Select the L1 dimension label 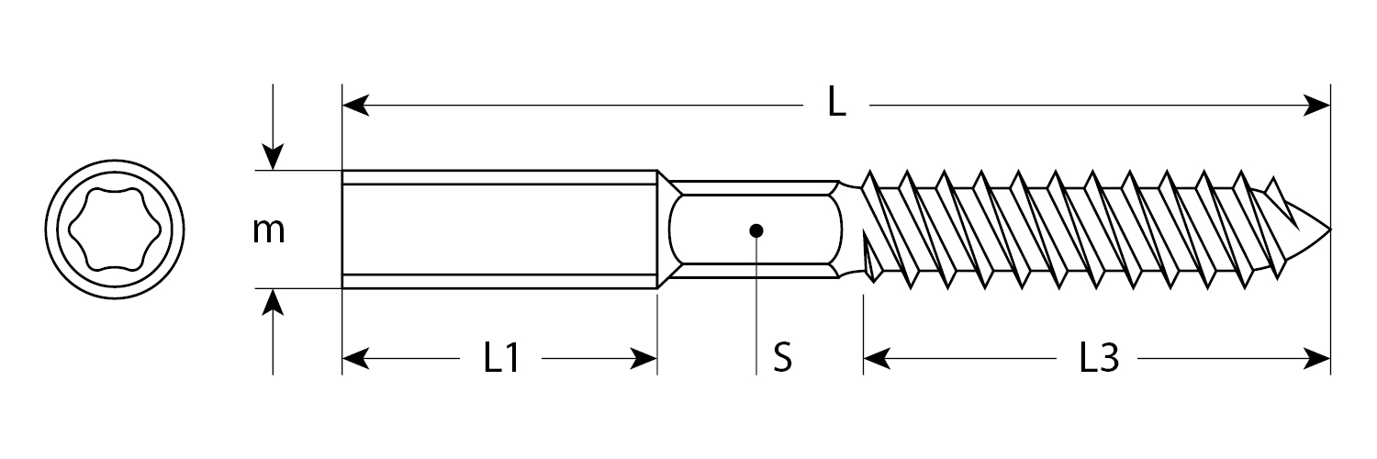502,359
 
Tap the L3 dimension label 1098,359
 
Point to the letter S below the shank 782,359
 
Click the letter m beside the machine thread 269,231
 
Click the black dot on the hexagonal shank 756,229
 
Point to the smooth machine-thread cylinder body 500,229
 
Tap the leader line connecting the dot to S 756,303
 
